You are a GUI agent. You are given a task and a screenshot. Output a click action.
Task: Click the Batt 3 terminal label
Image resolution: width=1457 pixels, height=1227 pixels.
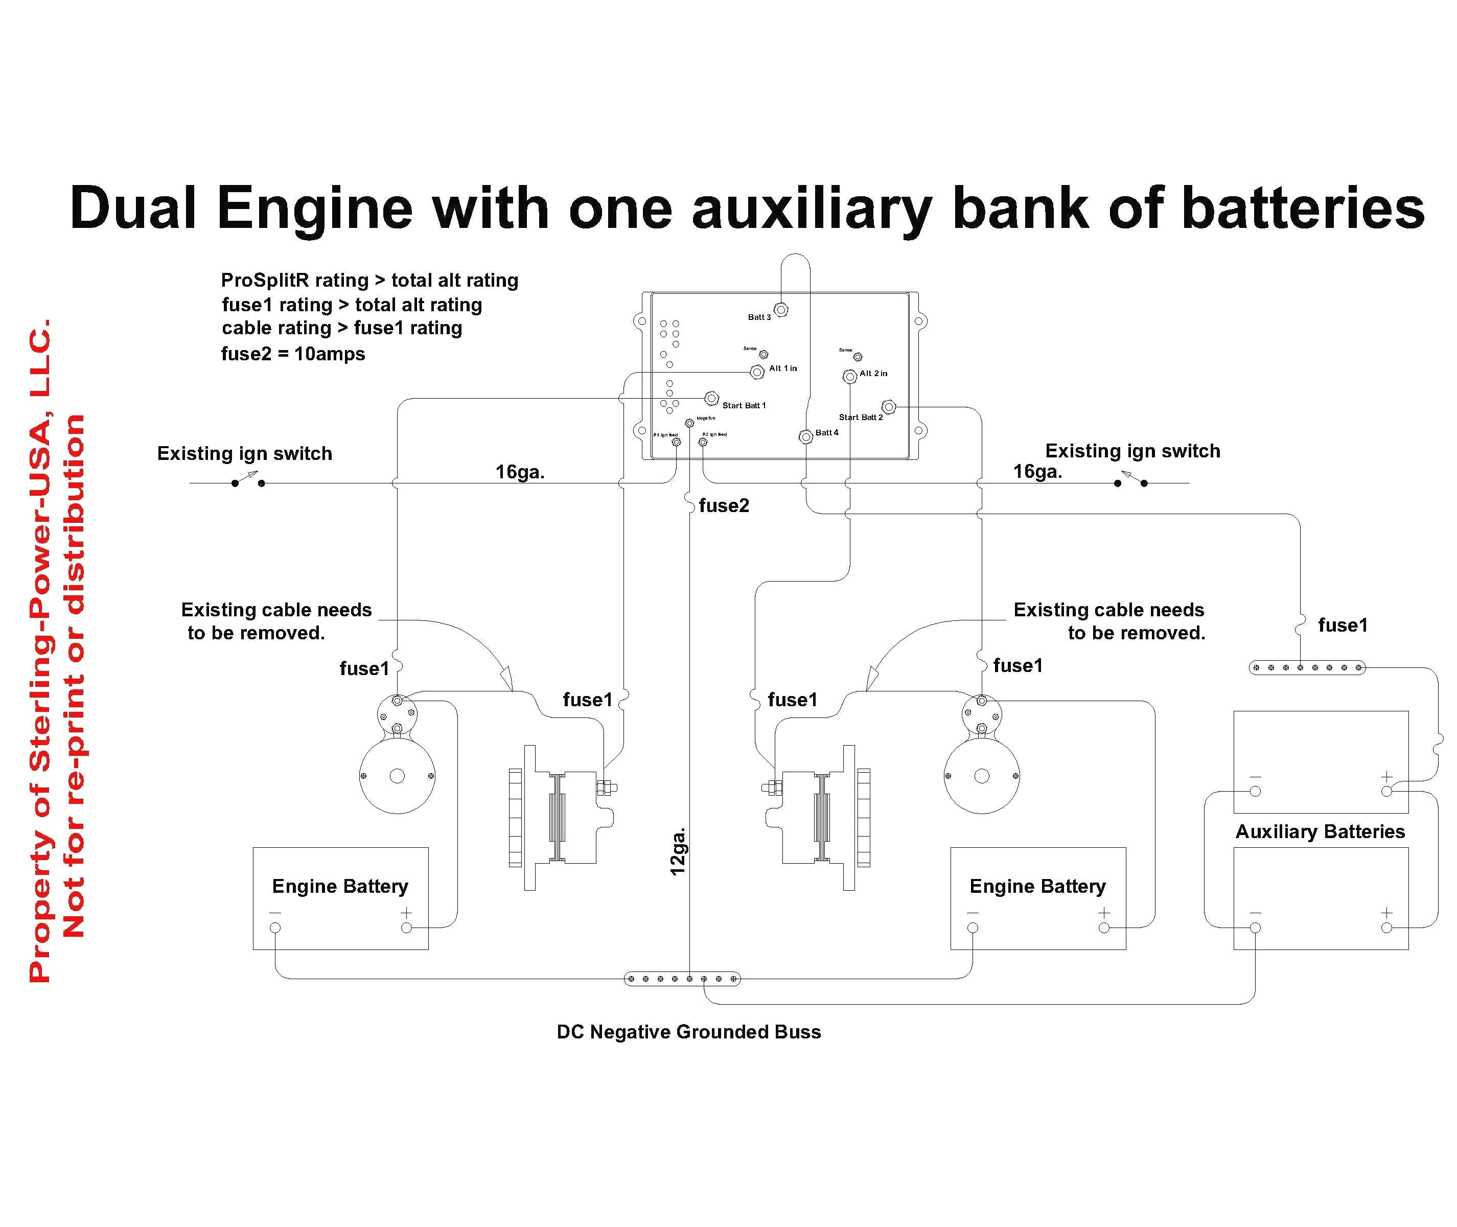click(x=759, y=317)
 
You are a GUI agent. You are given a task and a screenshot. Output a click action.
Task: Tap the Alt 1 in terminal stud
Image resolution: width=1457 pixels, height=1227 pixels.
click(x=757, y=372)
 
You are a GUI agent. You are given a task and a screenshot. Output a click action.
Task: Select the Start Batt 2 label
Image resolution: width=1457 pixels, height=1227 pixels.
click(x=860, y=418)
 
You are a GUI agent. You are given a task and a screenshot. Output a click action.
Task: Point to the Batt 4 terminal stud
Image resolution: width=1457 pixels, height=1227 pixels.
click(x=805, y=437)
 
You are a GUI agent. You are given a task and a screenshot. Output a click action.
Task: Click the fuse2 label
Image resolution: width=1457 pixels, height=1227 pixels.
click(x=724, y=506)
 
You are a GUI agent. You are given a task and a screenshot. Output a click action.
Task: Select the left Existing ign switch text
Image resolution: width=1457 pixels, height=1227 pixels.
click(x=244, y=453)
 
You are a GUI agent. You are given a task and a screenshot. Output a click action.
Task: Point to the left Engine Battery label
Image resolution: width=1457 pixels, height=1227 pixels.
click(x=339, y=886)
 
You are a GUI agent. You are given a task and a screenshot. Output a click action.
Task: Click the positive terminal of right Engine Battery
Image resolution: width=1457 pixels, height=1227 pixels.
click(x=1104, y=928)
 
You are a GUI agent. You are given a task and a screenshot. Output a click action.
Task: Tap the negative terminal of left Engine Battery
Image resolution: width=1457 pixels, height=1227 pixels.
click(x=275, y=928)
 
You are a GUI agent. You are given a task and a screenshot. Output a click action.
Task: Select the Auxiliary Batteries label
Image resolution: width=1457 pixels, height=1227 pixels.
click(x=1320, y=832)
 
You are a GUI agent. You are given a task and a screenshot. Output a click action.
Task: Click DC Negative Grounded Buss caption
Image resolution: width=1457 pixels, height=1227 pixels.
click(x=688, y=1032)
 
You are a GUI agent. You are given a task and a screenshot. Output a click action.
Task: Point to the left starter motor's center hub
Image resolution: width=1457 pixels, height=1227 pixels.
click(x=397, y=776)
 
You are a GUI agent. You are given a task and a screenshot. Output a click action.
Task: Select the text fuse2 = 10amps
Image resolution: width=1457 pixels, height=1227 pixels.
click(x=293, y=354)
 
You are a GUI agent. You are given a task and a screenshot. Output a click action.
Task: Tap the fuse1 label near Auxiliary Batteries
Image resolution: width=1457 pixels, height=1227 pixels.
click(x=1342, y=626)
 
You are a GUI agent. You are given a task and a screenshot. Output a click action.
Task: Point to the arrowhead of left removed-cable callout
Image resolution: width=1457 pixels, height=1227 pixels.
click(x=507, y=678)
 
